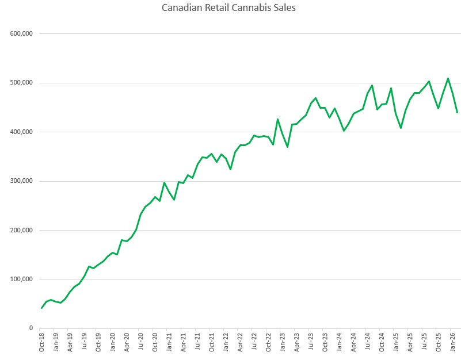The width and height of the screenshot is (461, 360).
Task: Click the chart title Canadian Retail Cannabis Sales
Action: pos(230,8)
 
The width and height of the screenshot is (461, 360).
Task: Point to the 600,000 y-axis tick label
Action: pos(21,33)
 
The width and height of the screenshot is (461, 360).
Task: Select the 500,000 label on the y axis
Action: pos(21,83)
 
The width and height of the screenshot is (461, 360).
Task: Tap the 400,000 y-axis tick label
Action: pos(21,132)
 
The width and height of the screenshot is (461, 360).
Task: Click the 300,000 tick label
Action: pos(21,181)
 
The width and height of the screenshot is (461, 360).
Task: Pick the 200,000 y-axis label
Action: pos(21,230)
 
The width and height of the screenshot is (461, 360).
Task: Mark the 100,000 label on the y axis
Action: pos(21,279)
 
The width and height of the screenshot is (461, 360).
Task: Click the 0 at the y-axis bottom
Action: pos(31,328)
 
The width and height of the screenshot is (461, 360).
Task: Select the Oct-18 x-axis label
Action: pos(41,342)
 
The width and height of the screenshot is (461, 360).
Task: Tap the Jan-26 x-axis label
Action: pos(453,342)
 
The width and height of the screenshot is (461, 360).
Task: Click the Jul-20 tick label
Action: pos(141,342)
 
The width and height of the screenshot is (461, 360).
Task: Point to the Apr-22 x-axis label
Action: pos(240,342)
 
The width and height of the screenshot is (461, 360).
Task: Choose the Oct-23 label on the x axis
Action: pos(325,342)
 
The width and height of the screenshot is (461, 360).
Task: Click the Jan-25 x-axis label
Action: pos(396,342)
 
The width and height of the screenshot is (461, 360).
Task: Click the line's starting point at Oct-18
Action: pos(41,308)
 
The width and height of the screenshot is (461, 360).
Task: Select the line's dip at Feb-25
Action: pos(401,128)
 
